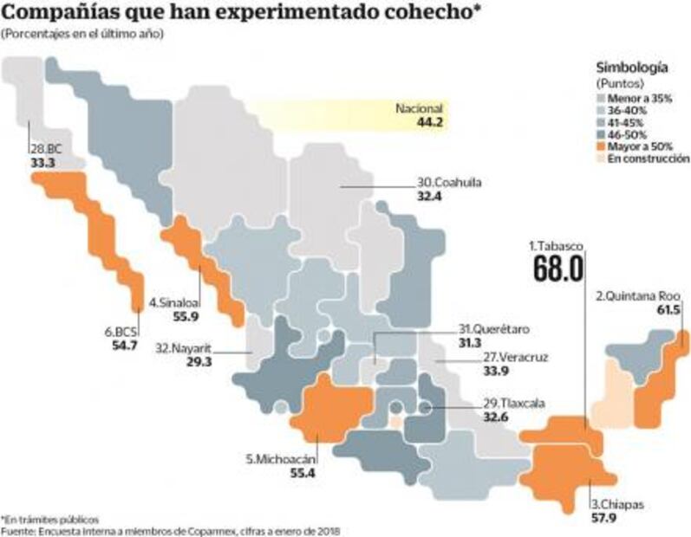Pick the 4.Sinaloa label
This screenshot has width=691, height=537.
(x=175, y=304)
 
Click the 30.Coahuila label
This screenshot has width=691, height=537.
(x=450, y=184)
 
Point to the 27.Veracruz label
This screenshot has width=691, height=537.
(x=516, y=357)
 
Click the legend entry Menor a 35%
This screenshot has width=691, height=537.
(x=649, y=99)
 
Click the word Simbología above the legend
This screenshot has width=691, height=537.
(x=632, y=67)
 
